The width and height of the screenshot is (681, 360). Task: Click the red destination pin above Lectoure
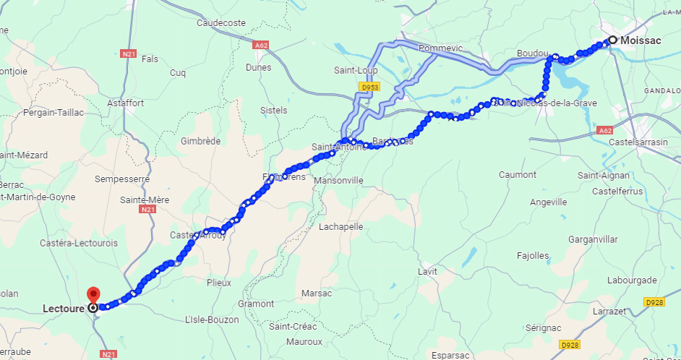(93, 295)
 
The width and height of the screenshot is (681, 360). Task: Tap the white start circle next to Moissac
(612, 40)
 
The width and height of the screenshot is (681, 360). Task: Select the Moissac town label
(641, 40)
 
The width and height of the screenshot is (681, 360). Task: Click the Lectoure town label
(63, 308)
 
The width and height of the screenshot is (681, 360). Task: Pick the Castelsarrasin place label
(638, 142)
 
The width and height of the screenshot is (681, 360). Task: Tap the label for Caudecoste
(221, 23)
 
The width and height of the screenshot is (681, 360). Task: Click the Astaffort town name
(126, 103)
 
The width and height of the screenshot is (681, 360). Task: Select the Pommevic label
(440, 48)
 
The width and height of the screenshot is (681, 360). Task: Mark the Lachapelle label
(340, 226)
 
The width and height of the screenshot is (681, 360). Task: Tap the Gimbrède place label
(200, 142)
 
